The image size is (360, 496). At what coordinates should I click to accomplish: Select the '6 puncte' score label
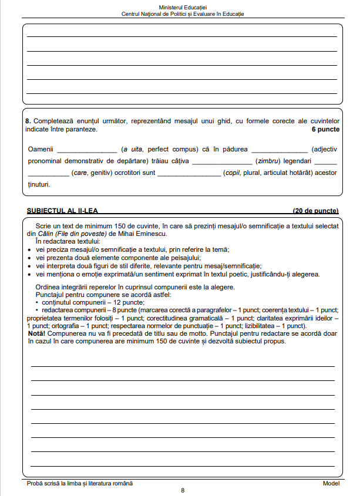click(325, 129)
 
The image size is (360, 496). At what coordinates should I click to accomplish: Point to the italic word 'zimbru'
click(267, 161)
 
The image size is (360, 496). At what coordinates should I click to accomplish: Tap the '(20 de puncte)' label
click(315, 211)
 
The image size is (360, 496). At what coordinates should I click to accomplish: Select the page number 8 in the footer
click(182, 490)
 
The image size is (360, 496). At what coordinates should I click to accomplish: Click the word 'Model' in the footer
click(331, 483)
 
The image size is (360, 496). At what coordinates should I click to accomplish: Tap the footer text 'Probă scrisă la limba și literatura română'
click(80, 483)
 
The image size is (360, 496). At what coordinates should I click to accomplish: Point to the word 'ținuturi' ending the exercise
click(38, 184)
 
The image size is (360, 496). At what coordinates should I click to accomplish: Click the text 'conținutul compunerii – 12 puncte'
click(86, 302)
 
